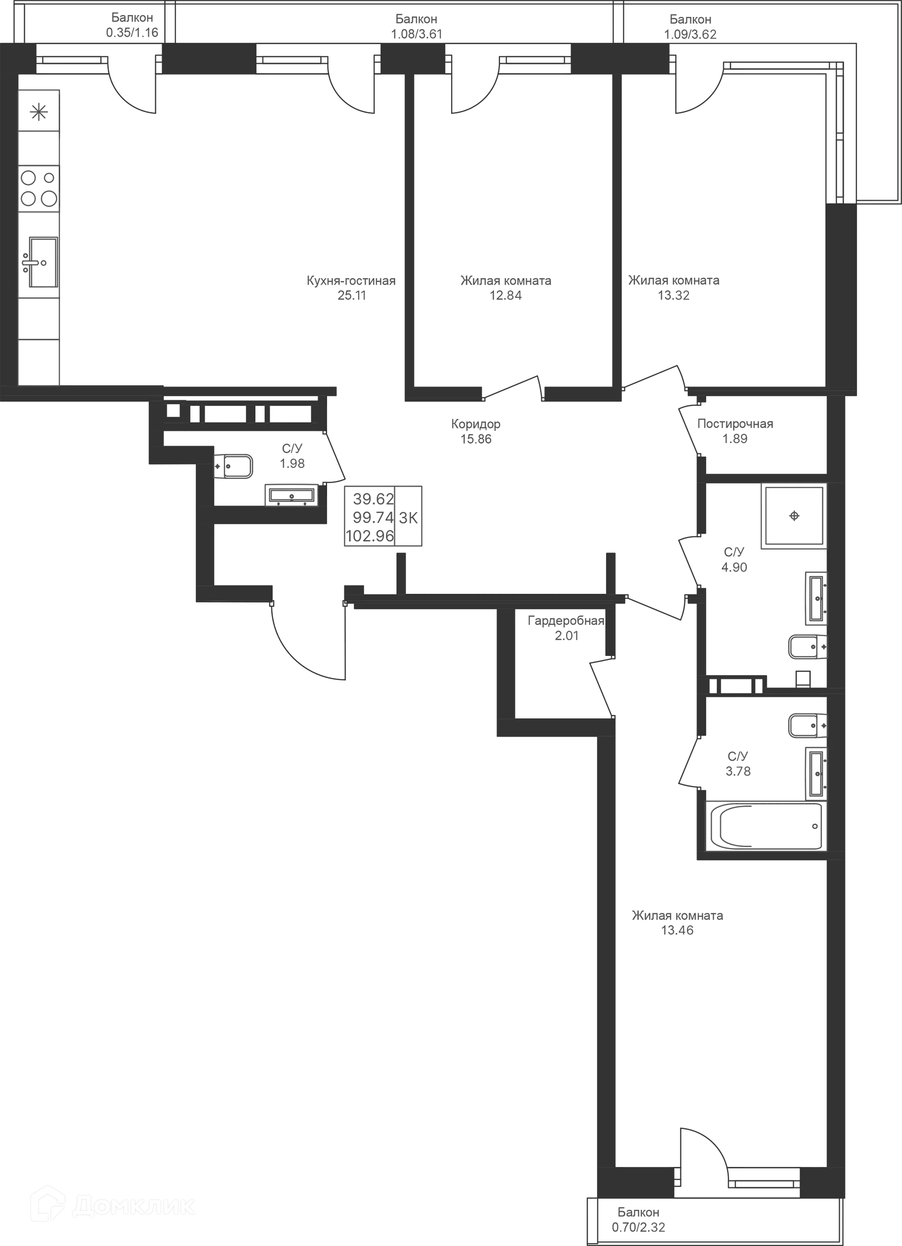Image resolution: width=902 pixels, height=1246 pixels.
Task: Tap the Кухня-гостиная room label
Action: pyautogui.click(x=351, y=281)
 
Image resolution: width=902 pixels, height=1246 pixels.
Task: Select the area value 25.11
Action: pyautogui.click(x=351, y=296)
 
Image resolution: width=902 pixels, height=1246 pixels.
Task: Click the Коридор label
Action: pyautogui.click(x=476, y=424)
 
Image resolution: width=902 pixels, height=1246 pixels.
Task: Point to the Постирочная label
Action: pyautogui.click(x=734, y=424)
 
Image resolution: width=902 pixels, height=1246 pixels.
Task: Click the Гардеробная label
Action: pyautogui.click(x=565, y=621)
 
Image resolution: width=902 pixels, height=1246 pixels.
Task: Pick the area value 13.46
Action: pyautogui.click(x=678, y=930)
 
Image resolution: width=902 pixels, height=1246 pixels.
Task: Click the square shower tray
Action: pyautogui.click(x=793, y=516)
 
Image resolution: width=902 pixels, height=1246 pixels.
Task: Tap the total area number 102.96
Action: pyautogui.click(x=370, y=535)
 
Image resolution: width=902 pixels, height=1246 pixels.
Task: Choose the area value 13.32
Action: pyautogui.click(x=674, y=296)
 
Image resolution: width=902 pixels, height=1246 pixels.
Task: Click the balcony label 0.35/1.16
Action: pyautogui.click(x=132, y=32)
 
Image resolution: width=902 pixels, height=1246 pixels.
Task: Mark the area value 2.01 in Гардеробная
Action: pyautogui.click(x=565, y=636)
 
